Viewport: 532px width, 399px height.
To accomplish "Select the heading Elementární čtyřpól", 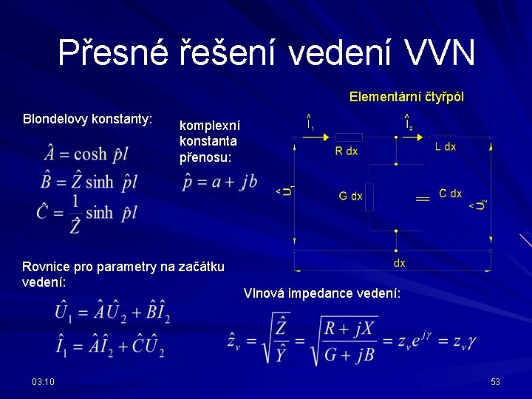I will tap(406, 97).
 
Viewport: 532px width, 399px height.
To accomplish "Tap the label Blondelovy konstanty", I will tap(88, 118).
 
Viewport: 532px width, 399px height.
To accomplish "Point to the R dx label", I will tap(346, 151).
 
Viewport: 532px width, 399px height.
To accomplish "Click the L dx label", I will tap(445, 147).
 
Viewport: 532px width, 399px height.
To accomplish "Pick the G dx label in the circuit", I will tap(350, 197).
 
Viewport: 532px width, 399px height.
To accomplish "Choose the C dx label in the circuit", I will tap(450, 194).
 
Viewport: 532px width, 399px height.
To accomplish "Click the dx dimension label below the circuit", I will tap(399, 263).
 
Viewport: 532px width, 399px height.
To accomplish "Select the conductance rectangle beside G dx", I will tap(369, 197).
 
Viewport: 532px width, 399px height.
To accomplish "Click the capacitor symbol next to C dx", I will tap(423, 198).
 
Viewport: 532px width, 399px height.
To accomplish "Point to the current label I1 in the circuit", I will tap(310, 122).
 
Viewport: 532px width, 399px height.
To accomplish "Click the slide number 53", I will tap(495, 381).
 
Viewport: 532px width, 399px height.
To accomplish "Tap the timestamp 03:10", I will tap(43, 381).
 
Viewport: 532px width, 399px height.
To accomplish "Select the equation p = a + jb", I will tap(220, 182).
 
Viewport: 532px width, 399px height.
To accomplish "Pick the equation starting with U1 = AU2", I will tap(112, 313).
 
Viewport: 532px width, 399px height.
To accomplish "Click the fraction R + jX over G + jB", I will tap(348, 340).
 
